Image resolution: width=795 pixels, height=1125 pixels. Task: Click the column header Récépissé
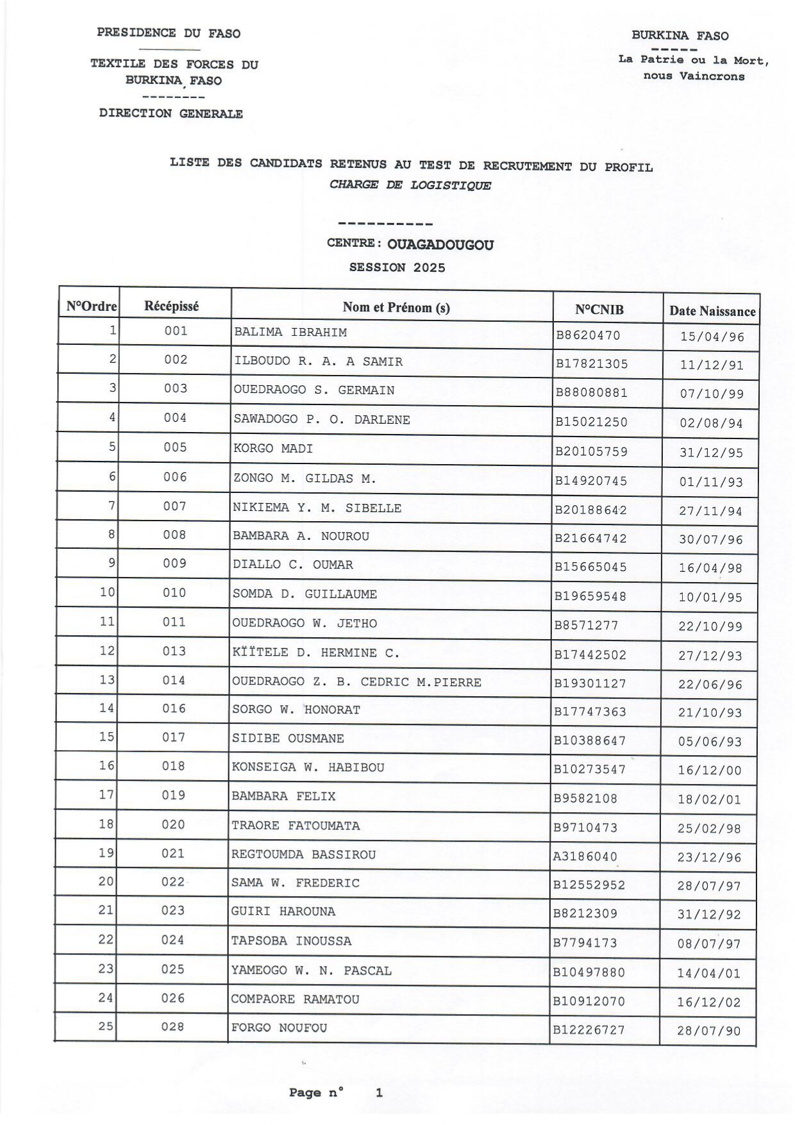pyautogui.click(x=171, y=306)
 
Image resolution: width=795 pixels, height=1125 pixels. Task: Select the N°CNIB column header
pyautogui.click(x=599, y=310)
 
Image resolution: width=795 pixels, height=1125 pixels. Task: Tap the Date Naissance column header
pyautogui.click(x=712, y=312)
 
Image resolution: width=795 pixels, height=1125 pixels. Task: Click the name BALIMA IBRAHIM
pyautogui.click(x=290, y=332)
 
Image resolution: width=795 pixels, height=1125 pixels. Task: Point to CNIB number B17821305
pyautogui.click(x=591, y=364)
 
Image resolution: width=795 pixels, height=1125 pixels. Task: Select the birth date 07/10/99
pyautogui.click(x=711, y=394)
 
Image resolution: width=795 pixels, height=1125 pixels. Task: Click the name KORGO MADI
pyautogui.click(x=273, y=449)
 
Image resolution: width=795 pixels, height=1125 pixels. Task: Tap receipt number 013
pyautogui.click(x=174, y=651)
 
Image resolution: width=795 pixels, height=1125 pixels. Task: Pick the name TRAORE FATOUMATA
pyautogui.click(x=296, y=826)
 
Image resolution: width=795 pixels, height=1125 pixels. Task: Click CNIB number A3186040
pyautogui.click(x=585, y=856)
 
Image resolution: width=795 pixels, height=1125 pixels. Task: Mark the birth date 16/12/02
pyautogui.click(x=708, y=1003)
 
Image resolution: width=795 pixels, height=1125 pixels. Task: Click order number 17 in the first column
pyautogui.click(x=106, y=795)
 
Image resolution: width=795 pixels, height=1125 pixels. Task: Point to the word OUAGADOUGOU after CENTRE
pyautogui.click(x=440, y=245)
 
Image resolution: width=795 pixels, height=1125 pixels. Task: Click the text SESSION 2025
pyautogui.click(x=397, y=267)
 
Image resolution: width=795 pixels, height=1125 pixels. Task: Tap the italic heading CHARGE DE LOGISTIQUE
pyautogui.click(x=410, y=185)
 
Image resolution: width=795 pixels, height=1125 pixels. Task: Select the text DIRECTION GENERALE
pyautogui.click(x=171, y=113)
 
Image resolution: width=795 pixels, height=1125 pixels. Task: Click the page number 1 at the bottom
pyautogui.click(x=379, y=1093)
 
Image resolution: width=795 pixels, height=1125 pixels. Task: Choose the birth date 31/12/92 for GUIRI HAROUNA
pyautogui.click(x=709, y=915)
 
